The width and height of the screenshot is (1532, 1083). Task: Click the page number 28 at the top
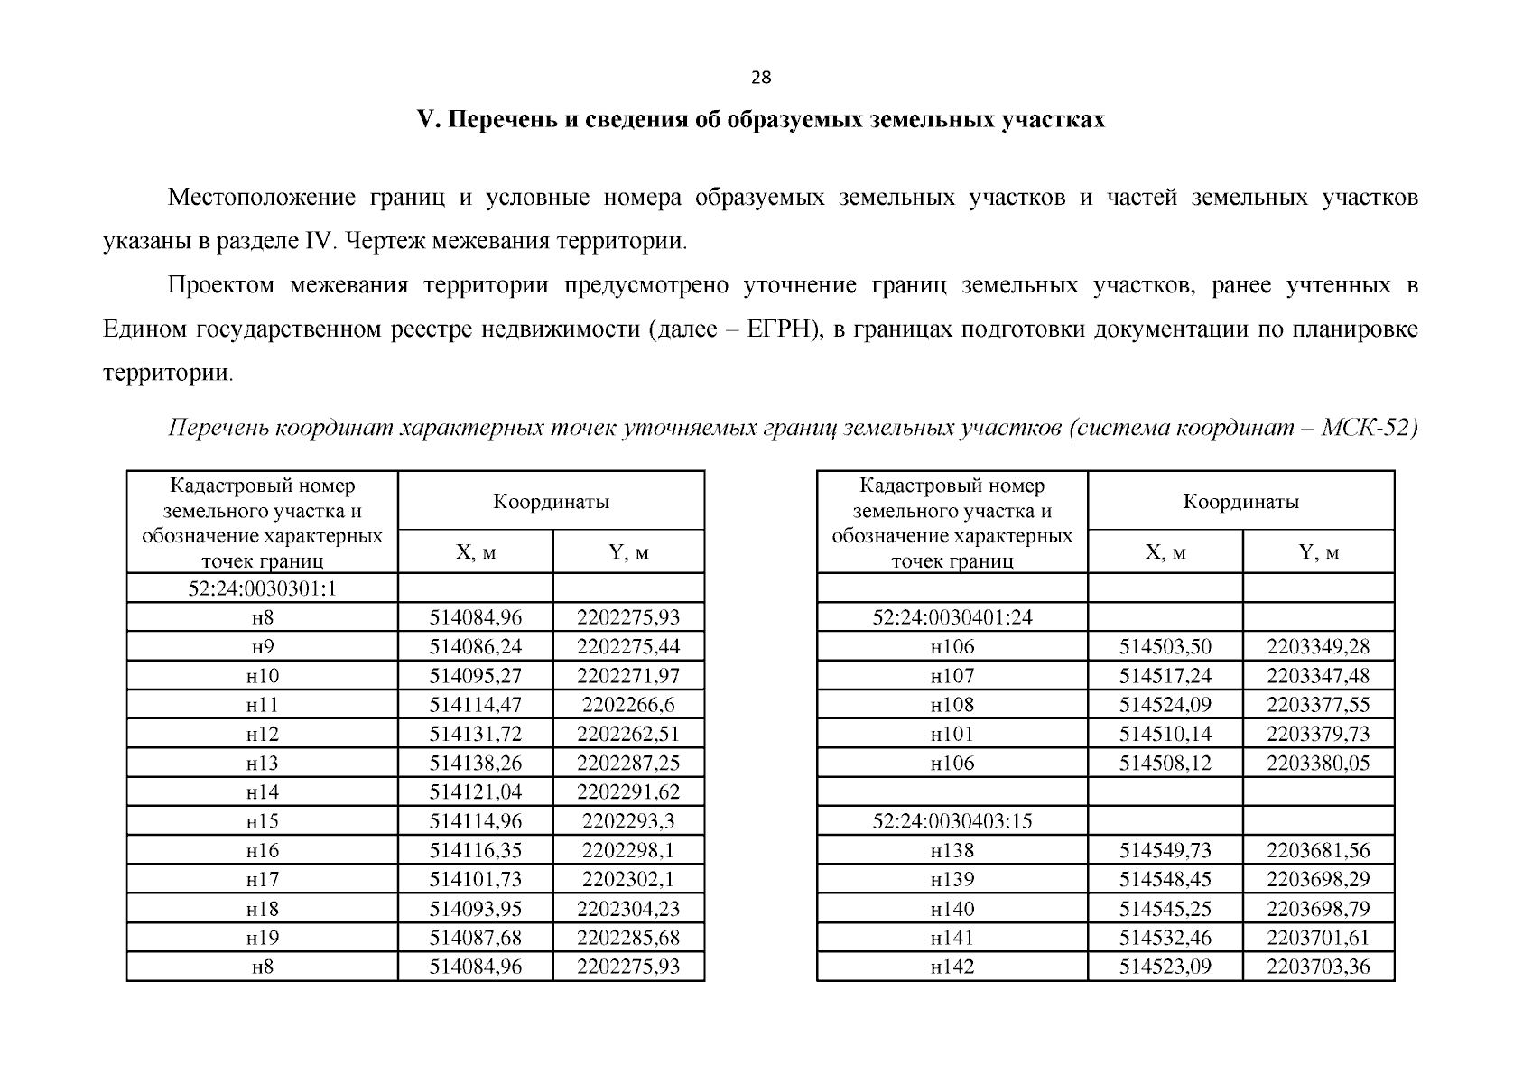761,78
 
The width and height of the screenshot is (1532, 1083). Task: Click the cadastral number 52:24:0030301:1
262,588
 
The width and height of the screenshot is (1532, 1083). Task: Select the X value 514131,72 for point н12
475,734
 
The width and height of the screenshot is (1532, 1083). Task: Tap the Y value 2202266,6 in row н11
628,705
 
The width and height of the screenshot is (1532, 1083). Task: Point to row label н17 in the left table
262,879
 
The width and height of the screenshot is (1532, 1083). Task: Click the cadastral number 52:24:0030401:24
952,617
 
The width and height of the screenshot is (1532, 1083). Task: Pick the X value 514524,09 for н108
1165,705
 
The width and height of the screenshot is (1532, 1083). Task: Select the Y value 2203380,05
1318,764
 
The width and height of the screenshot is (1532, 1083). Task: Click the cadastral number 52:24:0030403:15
952,821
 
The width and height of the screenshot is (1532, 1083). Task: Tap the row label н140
952,909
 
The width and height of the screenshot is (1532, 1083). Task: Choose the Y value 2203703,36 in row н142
1318,967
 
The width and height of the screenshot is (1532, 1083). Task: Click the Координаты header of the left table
551,502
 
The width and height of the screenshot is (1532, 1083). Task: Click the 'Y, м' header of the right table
1318,552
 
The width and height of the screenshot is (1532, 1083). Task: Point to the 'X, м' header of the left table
475,552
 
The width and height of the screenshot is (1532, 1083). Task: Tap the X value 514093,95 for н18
475,909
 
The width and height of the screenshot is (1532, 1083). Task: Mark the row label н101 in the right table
952,734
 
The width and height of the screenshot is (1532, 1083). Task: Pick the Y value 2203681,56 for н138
1318,850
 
